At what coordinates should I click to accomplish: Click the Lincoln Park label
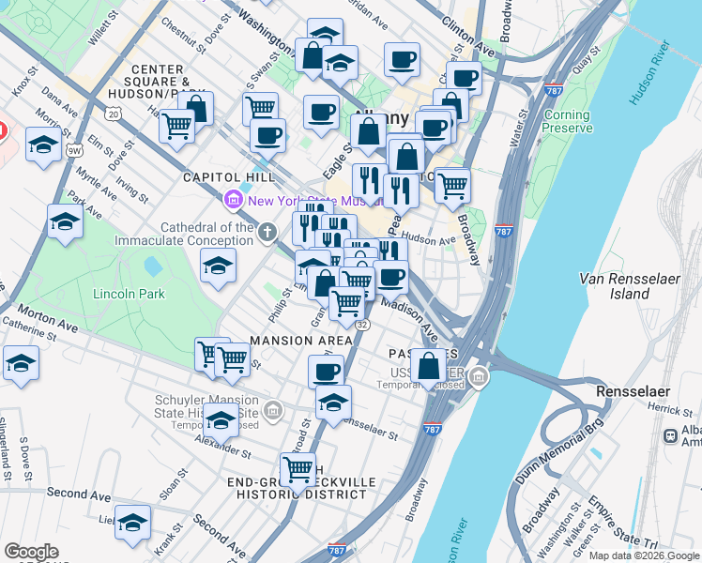129,294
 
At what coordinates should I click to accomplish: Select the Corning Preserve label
567,122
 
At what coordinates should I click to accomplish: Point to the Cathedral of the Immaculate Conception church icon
267,231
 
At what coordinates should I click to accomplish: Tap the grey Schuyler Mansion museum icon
272,409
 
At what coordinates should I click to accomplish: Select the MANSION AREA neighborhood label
300,339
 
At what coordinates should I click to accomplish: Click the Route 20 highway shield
113,114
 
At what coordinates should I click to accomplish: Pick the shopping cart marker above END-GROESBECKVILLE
298,468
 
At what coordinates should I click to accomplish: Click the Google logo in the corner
31,552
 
